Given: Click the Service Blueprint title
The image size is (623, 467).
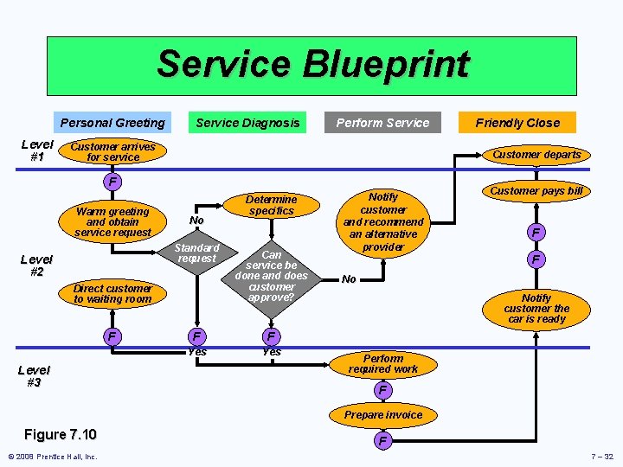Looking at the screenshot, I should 311,65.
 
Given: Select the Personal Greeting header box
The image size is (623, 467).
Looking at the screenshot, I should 112,123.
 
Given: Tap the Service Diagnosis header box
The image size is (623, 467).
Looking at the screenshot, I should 247,123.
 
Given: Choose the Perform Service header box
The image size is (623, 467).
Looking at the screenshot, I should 382,123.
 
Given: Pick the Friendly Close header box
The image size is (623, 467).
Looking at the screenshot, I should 517,123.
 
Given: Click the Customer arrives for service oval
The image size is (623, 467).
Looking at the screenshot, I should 112,152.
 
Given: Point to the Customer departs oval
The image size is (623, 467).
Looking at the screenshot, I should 536,155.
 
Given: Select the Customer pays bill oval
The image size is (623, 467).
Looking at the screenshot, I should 536,190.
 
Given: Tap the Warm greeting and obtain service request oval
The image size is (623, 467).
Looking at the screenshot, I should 112,222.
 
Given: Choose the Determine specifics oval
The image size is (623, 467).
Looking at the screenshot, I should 271,205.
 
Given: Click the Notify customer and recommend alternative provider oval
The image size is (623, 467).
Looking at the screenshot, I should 383,222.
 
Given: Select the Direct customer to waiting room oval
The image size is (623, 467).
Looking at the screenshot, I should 112,294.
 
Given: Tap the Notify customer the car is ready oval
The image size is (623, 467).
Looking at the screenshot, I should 536,309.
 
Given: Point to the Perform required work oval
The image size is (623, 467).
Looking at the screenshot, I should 383,364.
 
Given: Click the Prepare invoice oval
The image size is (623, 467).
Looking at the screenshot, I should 383,415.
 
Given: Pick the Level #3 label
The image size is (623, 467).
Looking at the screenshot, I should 34,376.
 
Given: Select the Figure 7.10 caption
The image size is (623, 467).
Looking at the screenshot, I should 61,434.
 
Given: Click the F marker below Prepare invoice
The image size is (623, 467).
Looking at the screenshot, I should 382,442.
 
